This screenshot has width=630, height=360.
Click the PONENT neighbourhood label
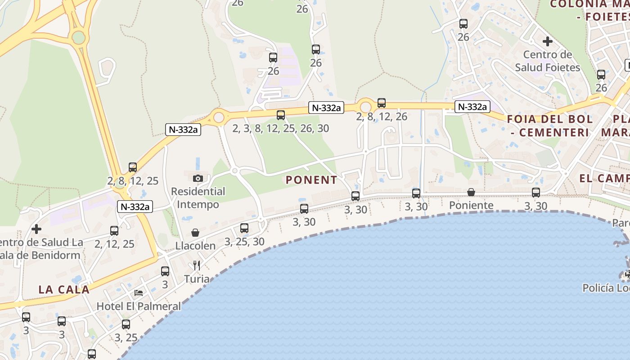(311, 180)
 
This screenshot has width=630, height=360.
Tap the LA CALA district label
(64, 289)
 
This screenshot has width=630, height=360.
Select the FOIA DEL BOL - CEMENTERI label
(550, 126)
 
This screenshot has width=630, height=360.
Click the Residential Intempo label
(198, 198)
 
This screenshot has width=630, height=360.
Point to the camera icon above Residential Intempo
(198, 178)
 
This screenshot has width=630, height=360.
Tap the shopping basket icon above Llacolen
(195, 233)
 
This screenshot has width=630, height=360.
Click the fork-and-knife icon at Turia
(197, 265)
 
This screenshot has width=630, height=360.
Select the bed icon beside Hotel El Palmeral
(139, 293)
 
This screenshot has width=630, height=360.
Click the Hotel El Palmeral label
(139, 306)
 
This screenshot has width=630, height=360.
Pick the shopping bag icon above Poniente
(471, 193)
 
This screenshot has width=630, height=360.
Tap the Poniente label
(471, 206)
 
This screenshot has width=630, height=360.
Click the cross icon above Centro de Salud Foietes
(547, 42)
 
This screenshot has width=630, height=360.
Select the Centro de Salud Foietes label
(548, 61)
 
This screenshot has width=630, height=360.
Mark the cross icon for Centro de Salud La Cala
(36, 229)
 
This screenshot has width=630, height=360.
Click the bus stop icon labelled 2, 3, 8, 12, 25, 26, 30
(281, 115)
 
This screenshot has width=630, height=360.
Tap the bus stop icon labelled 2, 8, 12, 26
(382, 103)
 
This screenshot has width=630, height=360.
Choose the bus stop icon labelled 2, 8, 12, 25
(133, 167)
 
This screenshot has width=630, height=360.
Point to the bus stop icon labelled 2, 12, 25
(114, 231)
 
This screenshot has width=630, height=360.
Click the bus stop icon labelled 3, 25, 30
(244, 228)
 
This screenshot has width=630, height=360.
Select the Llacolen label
(195, 246)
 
